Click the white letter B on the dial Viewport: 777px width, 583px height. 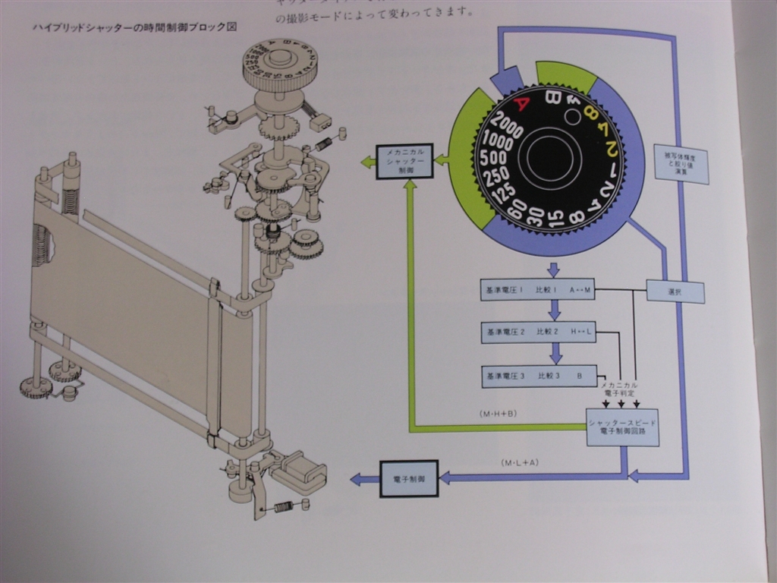[x=552, y=97]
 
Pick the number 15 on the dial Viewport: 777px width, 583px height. [x=555, y=219]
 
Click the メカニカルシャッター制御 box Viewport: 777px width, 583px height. [x=404, y=161]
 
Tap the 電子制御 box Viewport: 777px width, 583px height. [x=409, y=478]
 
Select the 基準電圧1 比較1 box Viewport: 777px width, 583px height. [x=537, y=289]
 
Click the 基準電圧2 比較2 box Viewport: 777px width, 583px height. [x=537, y=332]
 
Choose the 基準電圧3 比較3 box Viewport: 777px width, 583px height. [x=537, y=376]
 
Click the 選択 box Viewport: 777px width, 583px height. [x=675, y=292]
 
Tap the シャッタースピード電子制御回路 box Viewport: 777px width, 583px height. [x=622, y=427]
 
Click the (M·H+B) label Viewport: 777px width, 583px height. [x=498, y=414]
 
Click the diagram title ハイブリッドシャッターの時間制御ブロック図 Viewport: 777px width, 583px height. [x=135, y=27]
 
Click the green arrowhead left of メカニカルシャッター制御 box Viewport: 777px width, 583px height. [x=366, y=161]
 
